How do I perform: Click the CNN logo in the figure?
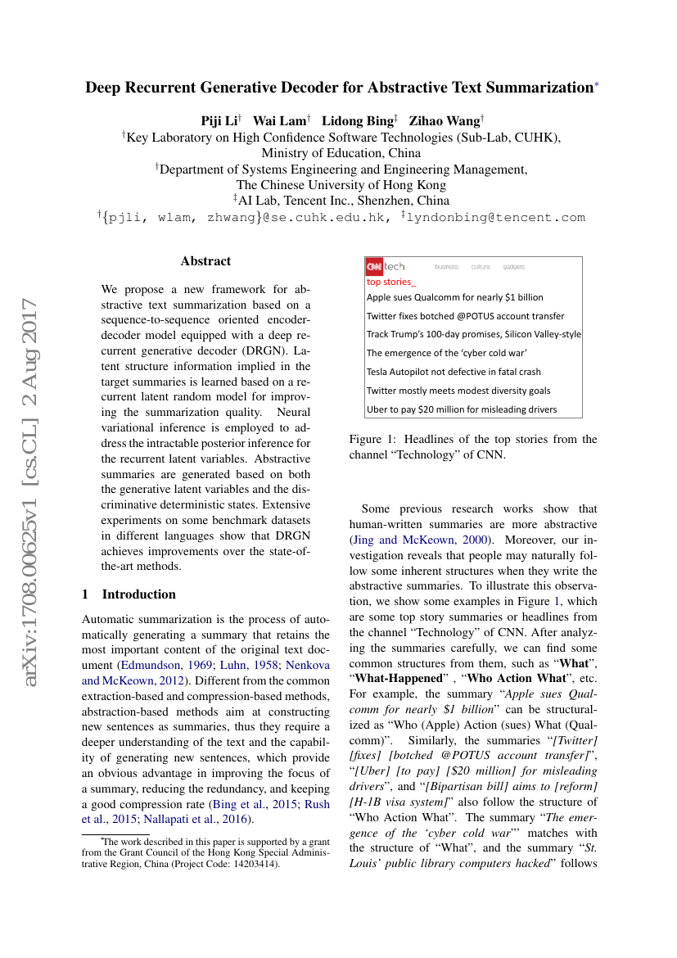[x=374, y=266]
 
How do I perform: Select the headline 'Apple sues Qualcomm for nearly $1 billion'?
[x=454, y=297]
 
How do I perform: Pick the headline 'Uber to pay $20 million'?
[x=461, y=409]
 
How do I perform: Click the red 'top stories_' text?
[x=391, y=281]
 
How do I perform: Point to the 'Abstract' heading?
[x=205, y=261]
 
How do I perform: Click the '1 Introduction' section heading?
[x=129, y=594]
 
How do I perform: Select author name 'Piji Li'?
[x=219, y=121]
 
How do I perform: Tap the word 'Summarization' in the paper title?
[x=521, y=87]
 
